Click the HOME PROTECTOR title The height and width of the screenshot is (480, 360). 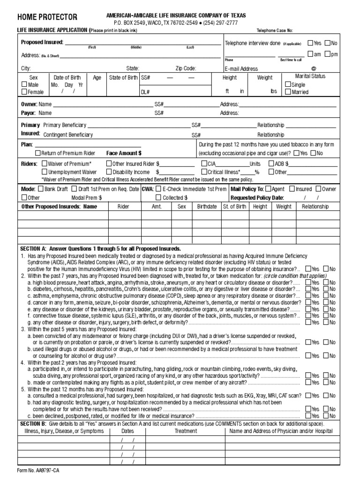click(47, 17)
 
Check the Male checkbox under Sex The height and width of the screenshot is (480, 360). click(24, 85)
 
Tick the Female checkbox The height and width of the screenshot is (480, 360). click(24, 92)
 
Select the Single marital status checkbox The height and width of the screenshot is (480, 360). click(288, 85)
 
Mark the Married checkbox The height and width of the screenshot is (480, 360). click(288, 92)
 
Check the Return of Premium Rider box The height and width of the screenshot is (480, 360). click(38, 153)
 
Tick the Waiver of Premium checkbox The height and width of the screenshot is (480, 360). click(45, 164)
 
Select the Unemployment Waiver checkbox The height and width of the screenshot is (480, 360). click(45, 172)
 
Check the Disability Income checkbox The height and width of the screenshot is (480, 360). click(109, 172)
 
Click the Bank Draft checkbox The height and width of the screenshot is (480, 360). click(41, 189)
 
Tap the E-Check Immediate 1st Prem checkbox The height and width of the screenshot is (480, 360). click(159, 189)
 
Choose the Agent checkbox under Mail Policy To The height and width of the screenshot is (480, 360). click(268, 189)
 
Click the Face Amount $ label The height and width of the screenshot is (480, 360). click(124, 153)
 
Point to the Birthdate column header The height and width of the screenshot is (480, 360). click(207, 207)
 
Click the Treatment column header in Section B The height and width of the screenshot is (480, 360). click(186, 431)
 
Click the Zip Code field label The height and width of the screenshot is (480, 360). click(186, 68)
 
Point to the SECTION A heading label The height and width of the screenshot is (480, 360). click(36, 248)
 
